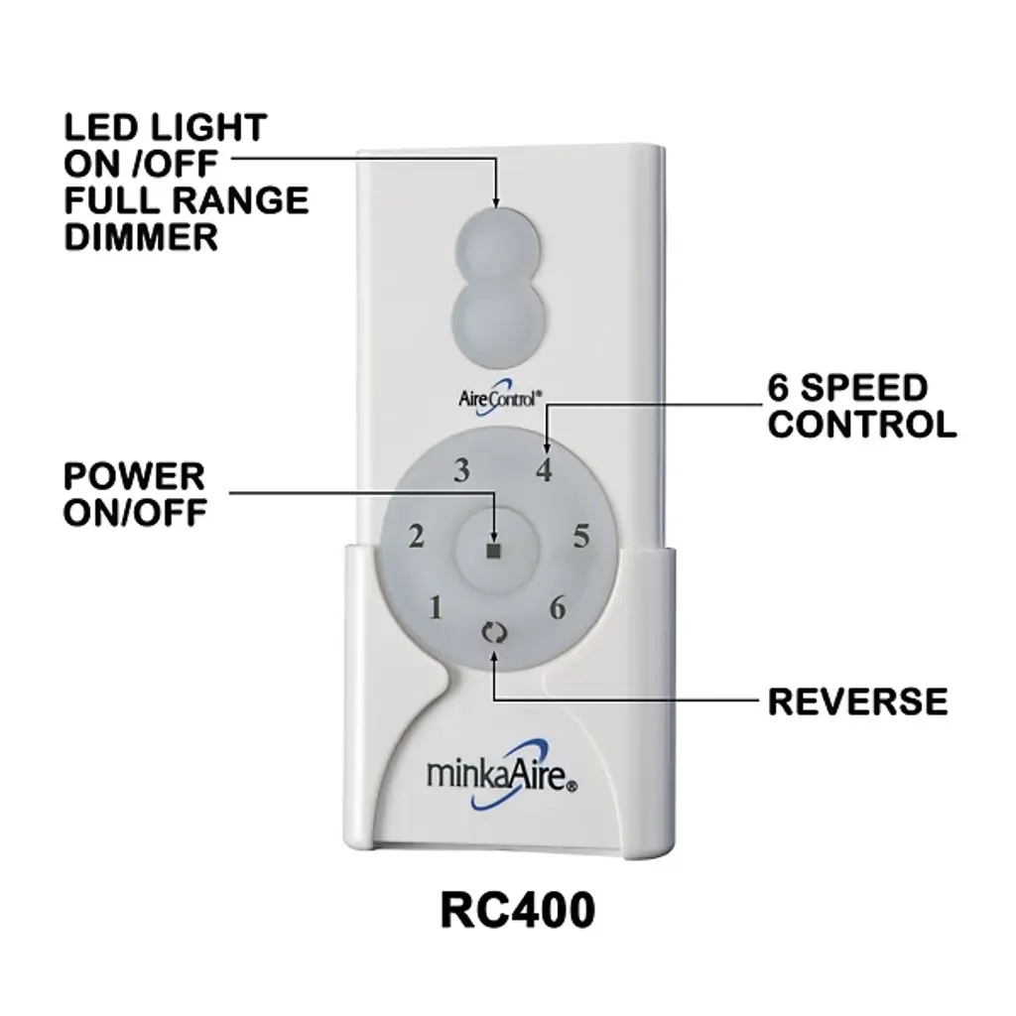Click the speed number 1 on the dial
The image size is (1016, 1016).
(435, 607)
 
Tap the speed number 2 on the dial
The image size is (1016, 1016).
(417, 538)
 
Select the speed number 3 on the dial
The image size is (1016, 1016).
(461, 471)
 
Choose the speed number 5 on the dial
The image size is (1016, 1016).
(581, 538)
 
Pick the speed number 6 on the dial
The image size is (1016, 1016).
(558, 607)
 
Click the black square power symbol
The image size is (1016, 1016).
(495, 550)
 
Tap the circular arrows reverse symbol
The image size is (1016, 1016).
(493, 632)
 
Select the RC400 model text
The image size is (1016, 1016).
(517, 911)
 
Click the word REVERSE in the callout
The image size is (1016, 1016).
(857, 701)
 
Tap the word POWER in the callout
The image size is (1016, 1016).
(134, 476)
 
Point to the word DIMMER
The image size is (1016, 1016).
(141, 238)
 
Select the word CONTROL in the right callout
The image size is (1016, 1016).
(862, 425)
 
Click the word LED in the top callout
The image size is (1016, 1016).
(98, 127)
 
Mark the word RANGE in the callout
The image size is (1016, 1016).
(244, 201)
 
